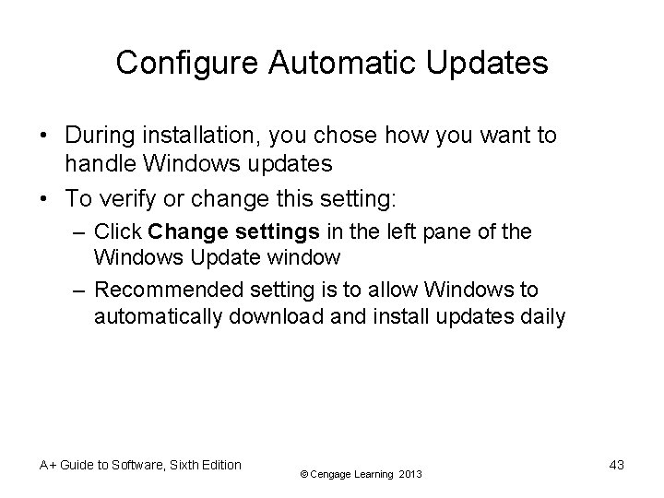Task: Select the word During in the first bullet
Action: (99, 136)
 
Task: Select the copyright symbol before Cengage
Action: (305, 474)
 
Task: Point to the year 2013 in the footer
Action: (410, 474)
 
